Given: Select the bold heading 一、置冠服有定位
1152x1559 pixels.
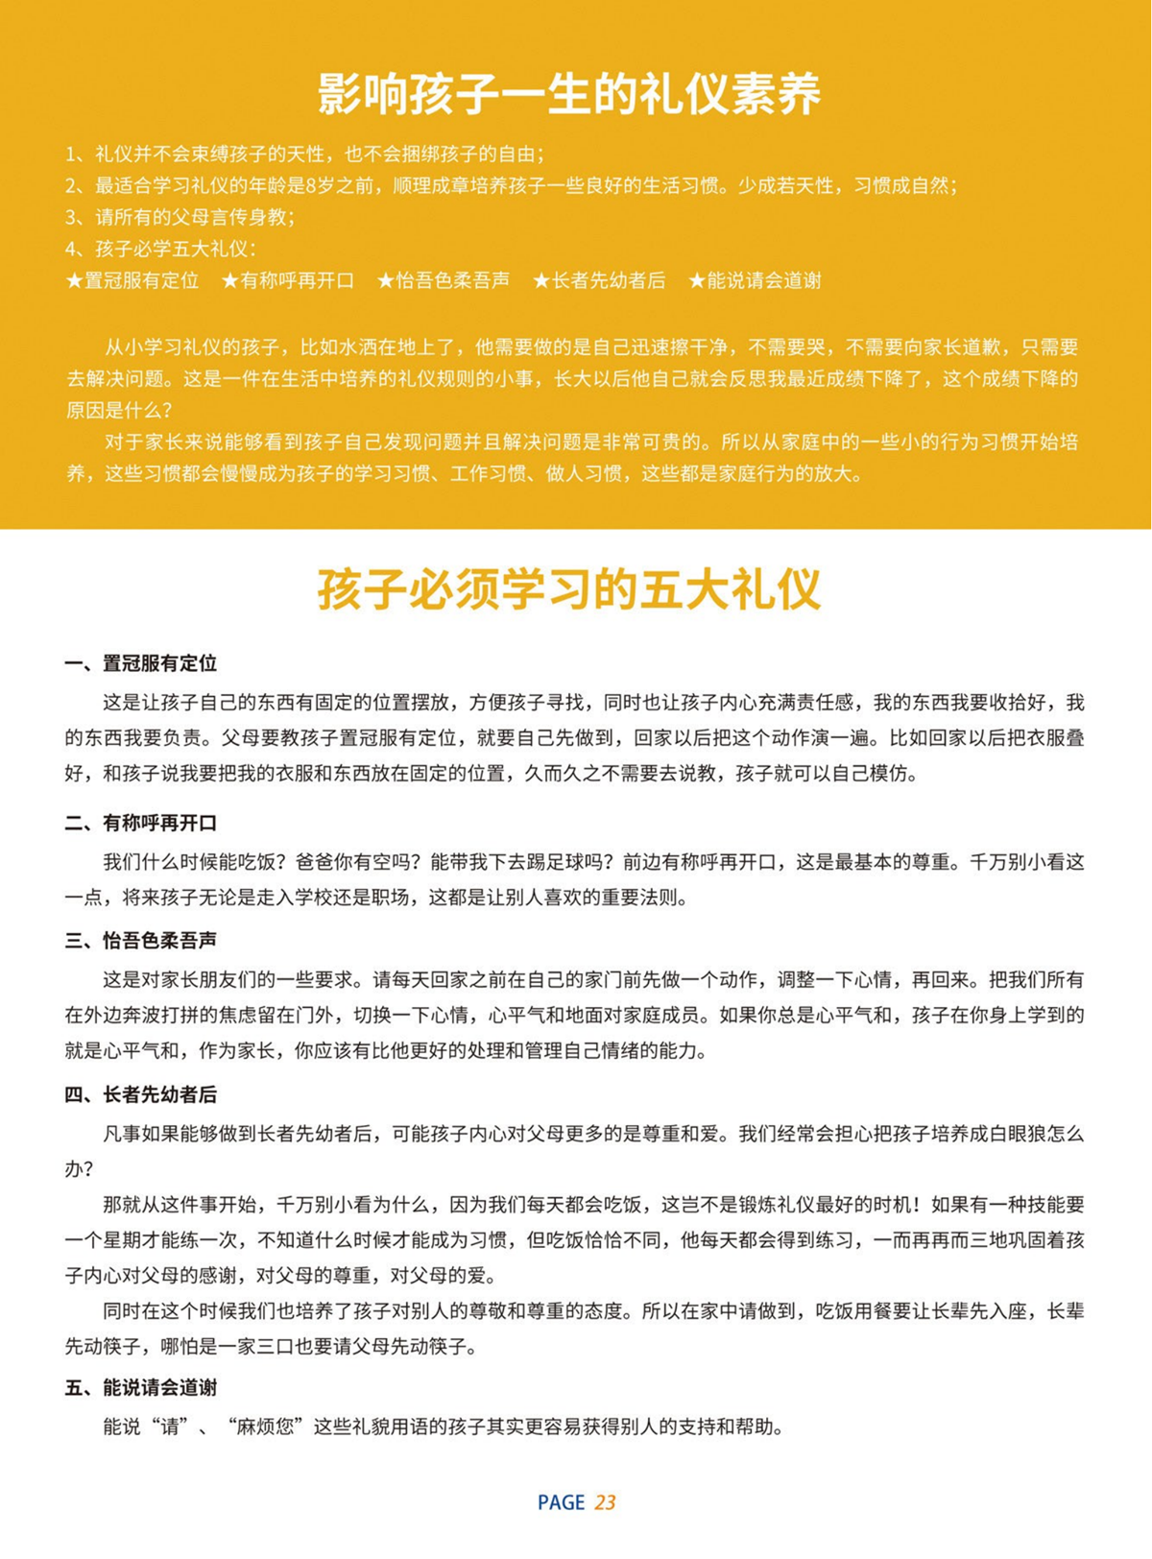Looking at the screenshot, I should coord(141,663).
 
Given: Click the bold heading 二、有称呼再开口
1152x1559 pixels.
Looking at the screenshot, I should coord(141,823).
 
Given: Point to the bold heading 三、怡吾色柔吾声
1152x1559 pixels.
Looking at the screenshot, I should coord(141,940).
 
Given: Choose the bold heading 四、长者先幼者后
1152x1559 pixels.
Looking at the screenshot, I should coord(141,1094).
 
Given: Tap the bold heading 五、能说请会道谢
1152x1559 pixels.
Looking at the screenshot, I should coord(141,1387).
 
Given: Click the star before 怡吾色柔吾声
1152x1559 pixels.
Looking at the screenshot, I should coord(385,280).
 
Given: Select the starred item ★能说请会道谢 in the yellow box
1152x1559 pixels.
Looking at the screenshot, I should coord(755,280).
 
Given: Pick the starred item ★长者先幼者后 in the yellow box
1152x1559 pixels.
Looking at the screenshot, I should coord(599,280).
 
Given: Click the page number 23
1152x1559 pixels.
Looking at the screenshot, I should coord(605,1502).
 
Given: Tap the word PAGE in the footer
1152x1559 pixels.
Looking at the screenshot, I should coord(561,1502).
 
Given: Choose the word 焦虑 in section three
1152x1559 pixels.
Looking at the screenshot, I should coord(266,1015).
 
